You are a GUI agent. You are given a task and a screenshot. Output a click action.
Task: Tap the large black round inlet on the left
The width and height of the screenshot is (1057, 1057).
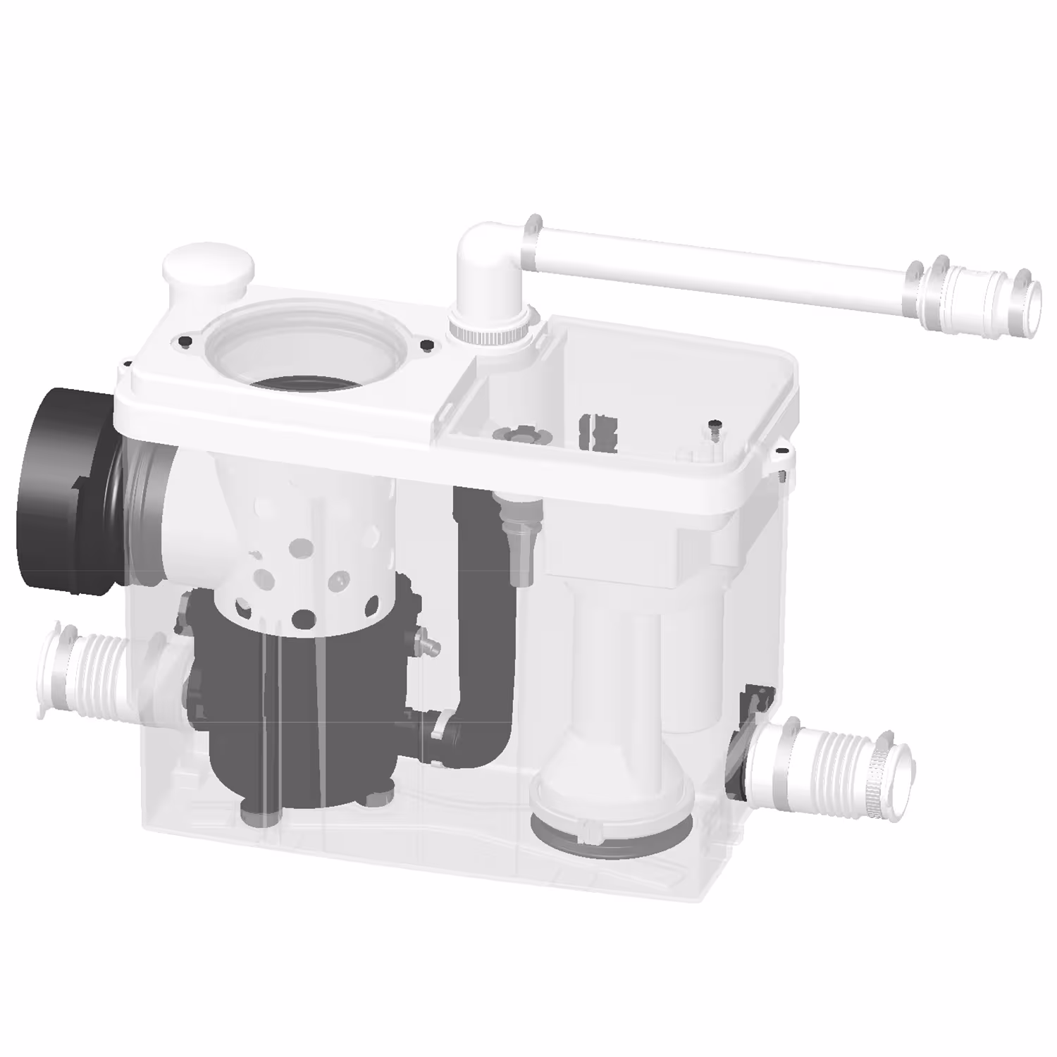[x=63, y=486]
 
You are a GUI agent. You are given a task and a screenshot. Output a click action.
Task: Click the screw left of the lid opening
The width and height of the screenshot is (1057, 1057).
[x=185, y=341]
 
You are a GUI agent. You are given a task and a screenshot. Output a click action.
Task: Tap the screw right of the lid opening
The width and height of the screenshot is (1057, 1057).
[x=426, y=345]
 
